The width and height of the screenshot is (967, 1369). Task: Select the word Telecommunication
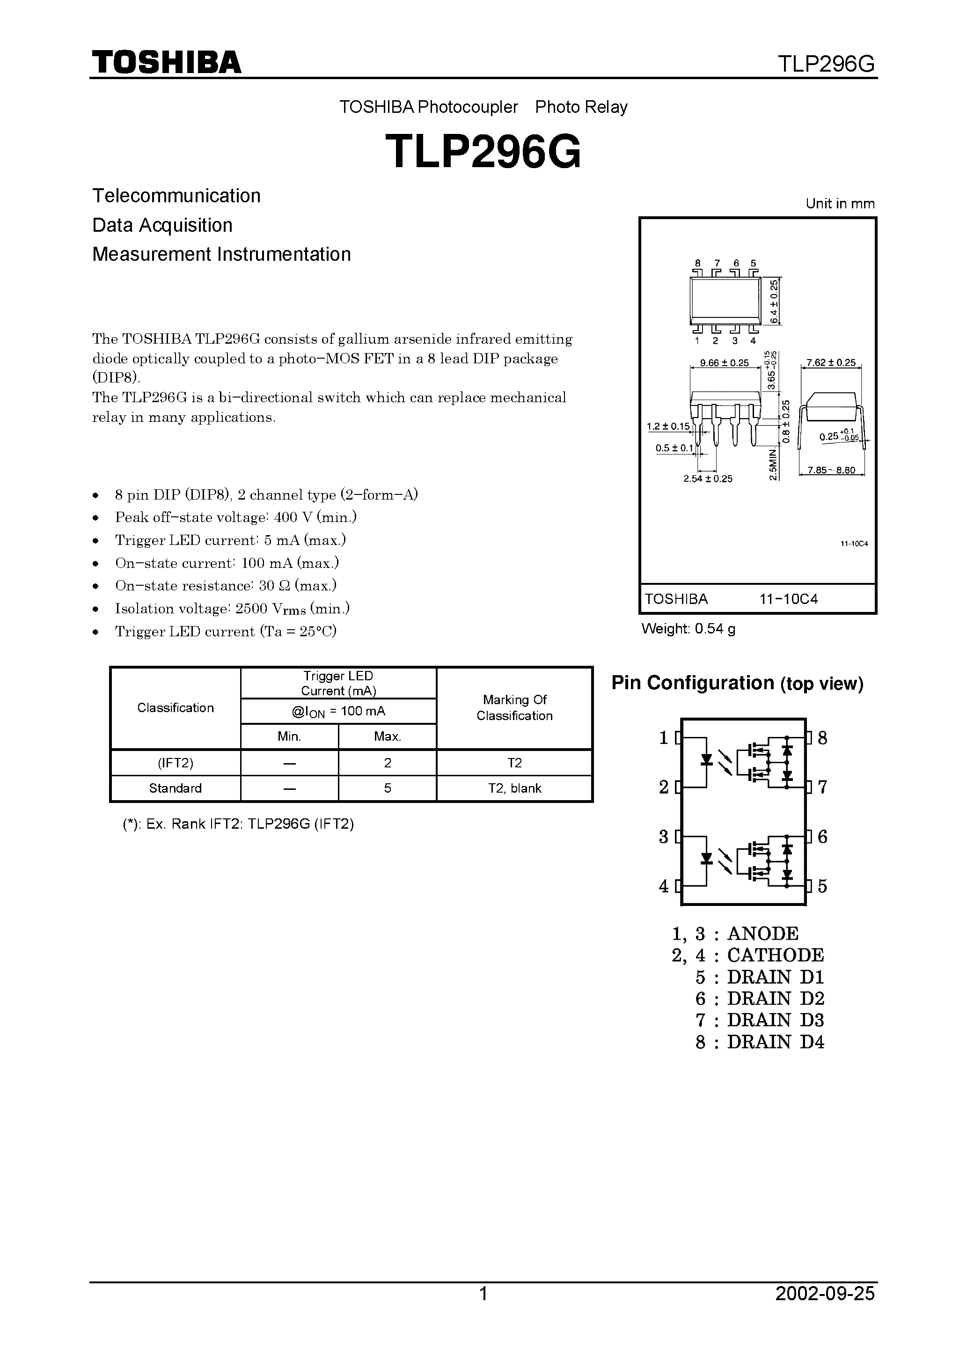[x=176, y=196]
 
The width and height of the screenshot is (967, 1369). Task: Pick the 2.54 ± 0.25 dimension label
[x=708, y=479]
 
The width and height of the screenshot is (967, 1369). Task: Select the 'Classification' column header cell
[x=175, y=708]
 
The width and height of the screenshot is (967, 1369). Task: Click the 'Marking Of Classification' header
[x=514, y=708]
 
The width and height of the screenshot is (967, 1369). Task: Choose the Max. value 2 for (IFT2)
[x=388, y=763]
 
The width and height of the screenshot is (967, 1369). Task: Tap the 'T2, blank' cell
[x=514, y=788]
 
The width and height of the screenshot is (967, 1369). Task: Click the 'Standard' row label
[x=175, y=788]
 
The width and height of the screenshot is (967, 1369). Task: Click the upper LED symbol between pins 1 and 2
[x=707, y=759]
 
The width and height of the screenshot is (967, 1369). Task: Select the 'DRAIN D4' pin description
[x=775, y=1042]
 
